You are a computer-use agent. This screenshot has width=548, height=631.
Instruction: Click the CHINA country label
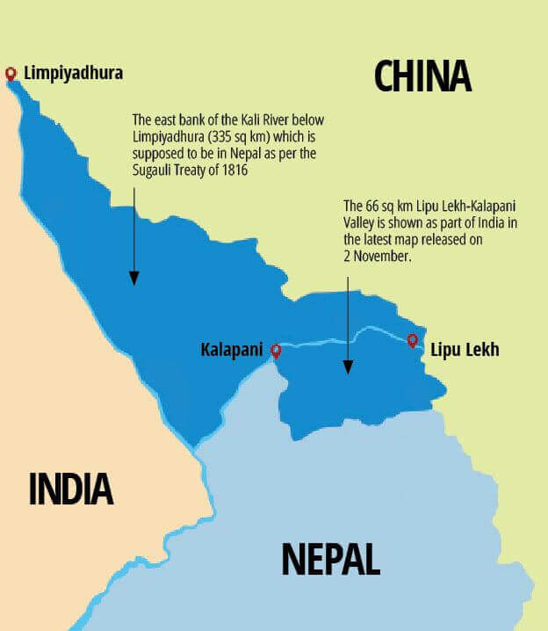click(x=422, y=76)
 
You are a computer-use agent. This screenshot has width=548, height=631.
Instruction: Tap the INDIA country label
click(x=71, y=489)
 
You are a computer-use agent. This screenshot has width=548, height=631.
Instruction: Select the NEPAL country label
click(x=330, y=559)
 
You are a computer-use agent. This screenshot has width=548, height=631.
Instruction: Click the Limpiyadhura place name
click(x=73, y=73)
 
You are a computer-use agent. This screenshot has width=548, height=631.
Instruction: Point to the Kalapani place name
click(x=232, y=350)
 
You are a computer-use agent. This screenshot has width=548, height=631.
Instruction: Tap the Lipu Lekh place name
click(x=465, y=350)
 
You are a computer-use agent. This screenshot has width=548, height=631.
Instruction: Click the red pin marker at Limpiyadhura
click(x=11, y=74)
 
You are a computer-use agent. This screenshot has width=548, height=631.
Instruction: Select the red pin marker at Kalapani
click(x=276, y=351)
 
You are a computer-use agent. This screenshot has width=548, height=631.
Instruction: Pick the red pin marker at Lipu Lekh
click(x=412, y=340)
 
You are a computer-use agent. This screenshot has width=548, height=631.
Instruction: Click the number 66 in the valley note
click(x=373, y=205)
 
